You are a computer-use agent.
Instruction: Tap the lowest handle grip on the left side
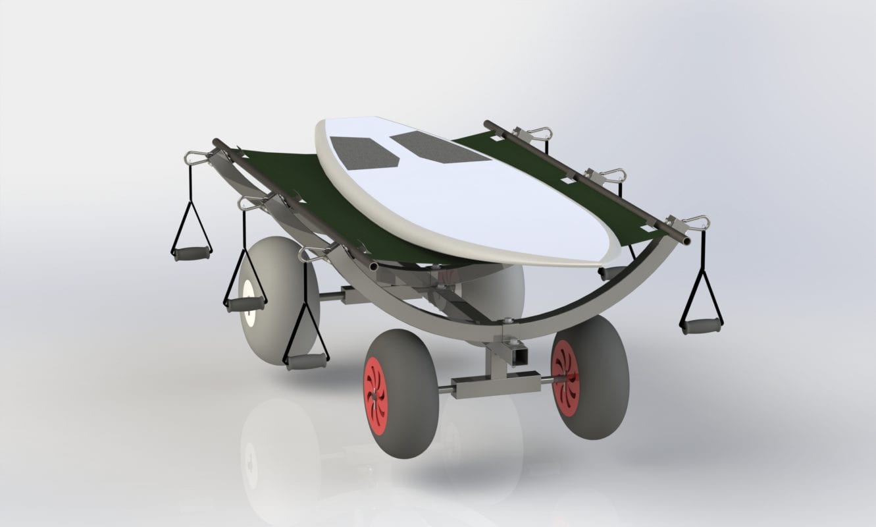click(x=307, y=361)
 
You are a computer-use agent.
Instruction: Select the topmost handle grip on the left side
click(x=192, y=252)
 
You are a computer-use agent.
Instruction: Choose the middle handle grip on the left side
click(x=245, y=304)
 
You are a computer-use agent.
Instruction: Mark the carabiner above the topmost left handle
click(x=195, y=158)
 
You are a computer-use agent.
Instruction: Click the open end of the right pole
click(x=686, y=242)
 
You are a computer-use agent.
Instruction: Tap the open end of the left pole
click(x=374, y=267)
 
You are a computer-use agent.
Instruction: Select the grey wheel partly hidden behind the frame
click(x=494, y=290)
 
